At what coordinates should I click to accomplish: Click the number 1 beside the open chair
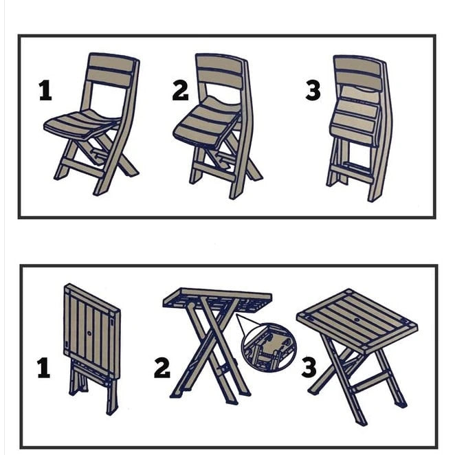coord(45,91)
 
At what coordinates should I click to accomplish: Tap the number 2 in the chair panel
coord(180,91)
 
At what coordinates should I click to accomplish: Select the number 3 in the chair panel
coord(313,91)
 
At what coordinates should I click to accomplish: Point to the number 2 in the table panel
coord(162,368)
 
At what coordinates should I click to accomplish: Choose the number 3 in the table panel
coord(309,368)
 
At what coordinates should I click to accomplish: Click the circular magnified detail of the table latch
coord(268,348)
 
